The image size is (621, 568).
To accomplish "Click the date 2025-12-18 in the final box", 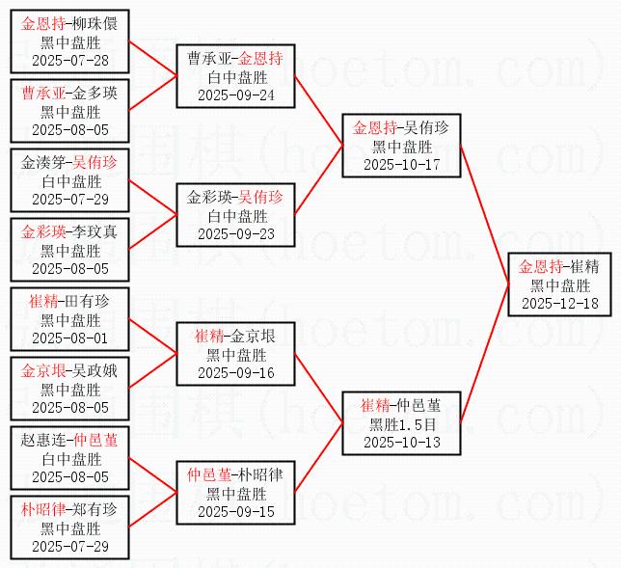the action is click(x=559, y=303).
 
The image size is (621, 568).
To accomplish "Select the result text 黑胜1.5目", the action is click(x=401, y=423).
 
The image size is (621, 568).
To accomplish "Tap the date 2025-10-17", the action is click(x=401, y=164).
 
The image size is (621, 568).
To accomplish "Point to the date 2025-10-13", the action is click(x=401, y=442).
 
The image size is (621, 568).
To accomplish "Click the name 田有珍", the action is click(x=90, y=302).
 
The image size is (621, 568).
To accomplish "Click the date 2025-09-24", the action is click(x=235, y=95).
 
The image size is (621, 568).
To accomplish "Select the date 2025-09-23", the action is click(x=235, y=233).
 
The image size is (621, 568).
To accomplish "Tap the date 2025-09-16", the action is click(x=235, y=372).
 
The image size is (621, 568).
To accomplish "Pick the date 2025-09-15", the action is click(x=235, y=511).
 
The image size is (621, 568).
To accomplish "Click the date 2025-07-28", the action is click(x=69, y=60).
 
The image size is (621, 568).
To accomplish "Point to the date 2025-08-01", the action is click(x=69, y=338).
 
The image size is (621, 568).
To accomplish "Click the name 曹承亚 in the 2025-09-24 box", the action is click(x=209, y=59).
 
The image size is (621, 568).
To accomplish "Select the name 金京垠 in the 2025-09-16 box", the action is click(x=256, y=337).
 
